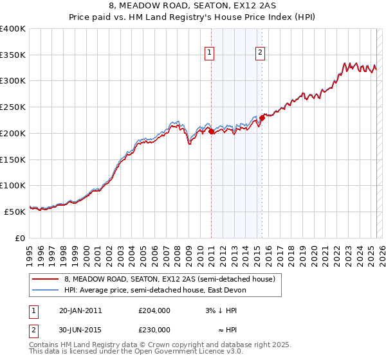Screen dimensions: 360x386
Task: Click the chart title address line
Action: coord(193,7)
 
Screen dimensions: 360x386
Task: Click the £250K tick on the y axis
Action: coord(13,107)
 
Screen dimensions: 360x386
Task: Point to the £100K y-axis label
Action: coord(13,185)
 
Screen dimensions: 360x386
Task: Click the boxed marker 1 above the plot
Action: coord(210,53)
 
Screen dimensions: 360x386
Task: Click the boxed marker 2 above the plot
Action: coord(261,53)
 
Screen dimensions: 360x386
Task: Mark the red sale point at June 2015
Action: coord(262,117)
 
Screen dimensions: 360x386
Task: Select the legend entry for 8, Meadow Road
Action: coord(170,279)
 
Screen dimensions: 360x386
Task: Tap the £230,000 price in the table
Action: coord(154,329)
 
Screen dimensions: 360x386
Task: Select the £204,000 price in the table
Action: coord(154,310)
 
